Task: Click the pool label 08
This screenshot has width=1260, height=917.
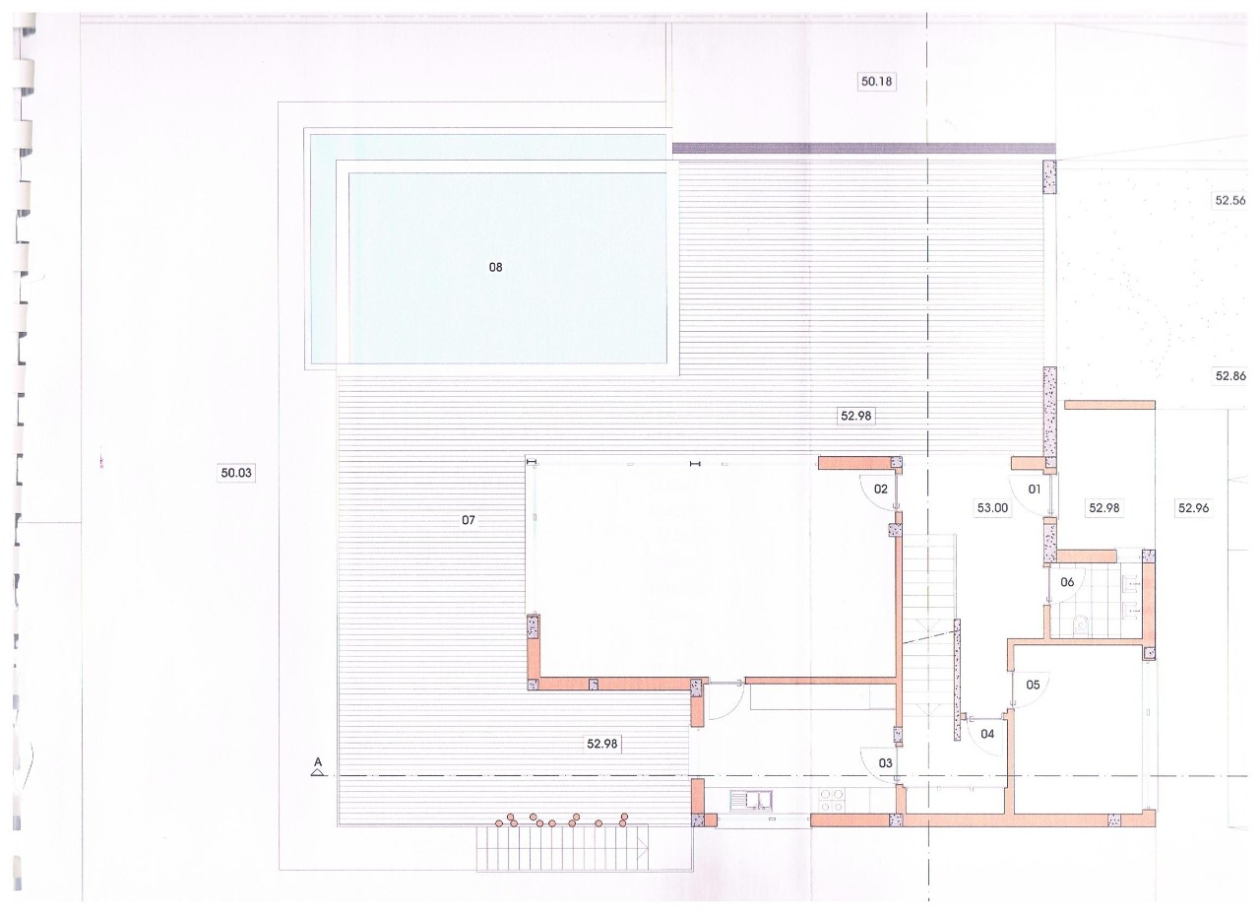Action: point(495,267)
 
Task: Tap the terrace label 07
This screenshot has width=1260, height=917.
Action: point(468,520)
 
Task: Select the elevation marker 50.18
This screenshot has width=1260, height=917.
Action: point(876,82)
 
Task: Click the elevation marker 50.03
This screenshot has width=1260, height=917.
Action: point(236,473)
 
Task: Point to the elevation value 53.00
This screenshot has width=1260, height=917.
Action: point(992,508)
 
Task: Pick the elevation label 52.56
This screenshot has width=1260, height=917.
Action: point(1230,200)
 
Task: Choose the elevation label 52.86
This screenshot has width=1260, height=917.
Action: point(1230,376)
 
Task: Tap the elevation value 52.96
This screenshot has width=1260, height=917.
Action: point(1193,508)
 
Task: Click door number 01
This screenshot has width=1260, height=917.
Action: point(1035,490)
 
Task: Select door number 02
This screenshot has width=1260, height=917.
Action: point(880,490)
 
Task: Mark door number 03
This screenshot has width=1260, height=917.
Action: point(885,763)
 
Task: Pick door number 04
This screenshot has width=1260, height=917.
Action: point(987,734)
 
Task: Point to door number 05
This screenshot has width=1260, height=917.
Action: point(1033,686)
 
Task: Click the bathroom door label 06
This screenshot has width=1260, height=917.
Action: point(1067,582)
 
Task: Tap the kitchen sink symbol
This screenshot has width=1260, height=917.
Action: point(751,800)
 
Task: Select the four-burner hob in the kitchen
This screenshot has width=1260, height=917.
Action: point(832,800)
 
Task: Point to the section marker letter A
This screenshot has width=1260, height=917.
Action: point(318,762)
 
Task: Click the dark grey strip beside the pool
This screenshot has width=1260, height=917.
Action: point(864,149)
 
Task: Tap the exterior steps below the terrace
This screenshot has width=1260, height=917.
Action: point(562,848)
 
